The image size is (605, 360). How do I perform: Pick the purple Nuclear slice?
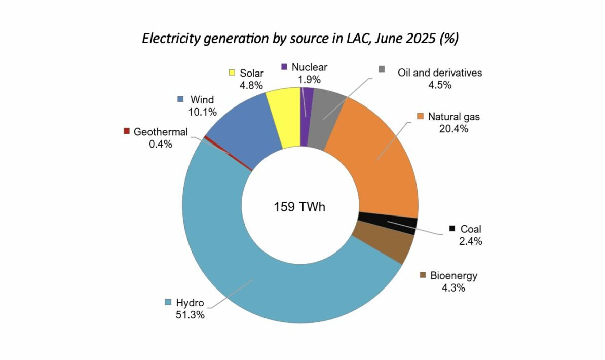coord(306,117)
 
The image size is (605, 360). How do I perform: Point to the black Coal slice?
coord(388,224)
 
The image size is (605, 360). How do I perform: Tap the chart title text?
coord(300,39)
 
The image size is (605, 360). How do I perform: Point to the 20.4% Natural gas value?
coord(453,128)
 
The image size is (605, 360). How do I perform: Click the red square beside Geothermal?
coord(127,131)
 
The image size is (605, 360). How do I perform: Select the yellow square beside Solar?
coord(232,73)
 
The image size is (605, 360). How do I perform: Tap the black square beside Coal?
coord(452,228)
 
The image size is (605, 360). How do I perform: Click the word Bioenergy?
coord(453,276)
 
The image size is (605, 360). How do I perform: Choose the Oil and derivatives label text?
coord(439,73)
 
